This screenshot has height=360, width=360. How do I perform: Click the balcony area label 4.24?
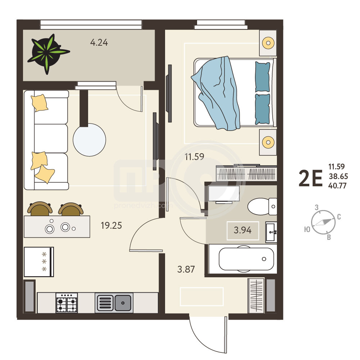(99, 42)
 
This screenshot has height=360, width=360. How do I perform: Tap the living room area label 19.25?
(111, 225)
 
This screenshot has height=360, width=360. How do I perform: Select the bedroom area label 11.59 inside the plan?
(195, 156)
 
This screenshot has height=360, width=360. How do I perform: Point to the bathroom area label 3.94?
(243, 230)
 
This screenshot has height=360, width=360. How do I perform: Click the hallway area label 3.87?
(186, 269)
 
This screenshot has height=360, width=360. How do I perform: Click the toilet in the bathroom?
(262, 206)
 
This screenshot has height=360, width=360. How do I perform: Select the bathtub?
(246, 259)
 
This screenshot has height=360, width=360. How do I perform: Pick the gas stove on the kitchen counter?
(67, 302)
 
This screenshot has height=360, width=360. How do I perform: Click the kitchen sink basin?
(123, 303)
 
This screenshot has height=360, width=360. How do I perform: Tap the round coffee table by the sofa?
(89, 140)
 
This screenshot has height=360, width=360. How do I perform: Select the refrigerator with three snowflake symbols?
(39, 262)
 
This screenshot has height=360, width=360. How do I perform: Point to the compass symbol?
(323, 222)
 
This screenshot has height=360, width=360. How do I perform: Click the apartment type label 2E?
(310, 178)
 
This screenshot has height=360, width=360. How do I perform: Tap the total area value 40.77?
(337, 186)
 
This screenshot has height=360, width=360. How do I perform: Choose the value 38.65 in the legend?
(338, 176)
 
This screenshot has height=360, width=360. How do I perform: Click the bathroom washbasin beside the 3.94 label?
(271, 232)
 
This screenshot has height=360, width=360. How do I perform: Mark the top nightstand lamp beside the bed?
(268, 43)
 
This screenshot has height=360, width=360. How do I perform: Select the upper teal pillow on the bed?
(263, 77)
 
